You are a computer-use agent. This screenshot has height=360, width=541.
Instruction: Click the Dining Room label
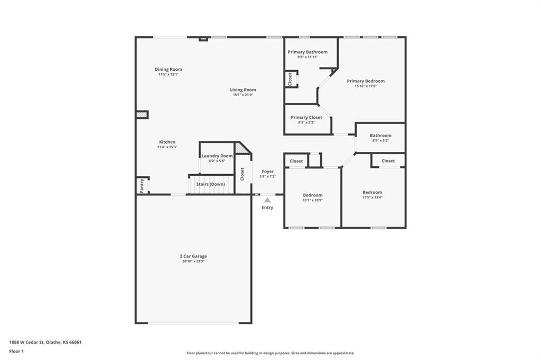click(x=169, y=69)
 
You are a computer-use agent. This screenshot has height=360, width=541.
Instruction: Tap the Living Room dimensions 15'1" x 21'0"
click(x=243, y=95)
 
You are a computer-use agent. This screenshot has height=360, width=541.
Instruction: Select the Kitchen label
click(x=167, y=141)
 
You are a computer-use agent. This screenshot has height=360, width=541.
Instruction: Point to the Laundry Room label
click(x=217, y=156)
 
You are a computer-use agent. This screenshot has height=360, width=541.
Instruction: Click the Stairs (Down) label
click(x=210, y=184)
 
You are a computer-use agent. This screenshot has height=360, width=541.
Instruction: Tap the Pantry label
click(x=142, y=186)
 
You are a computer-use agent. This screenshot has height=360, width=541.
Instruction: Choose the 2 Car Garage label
click(x=193, y=256)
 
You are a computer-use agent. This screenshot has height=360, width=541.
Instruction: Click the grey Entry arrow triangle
click(x=267, y=200)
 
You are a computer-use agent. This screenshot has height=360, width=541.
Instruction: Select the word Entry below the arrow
click(x=267, y=207)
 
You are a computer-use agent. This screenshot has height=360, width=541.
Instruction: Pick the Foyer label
click(x=268, y=172)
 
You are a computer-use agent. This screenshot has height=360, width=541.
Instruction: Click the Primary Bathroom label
click(x=308, y=52)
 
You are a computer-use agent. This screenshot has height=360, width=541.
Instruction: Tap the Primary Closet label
click(x=306, y=118)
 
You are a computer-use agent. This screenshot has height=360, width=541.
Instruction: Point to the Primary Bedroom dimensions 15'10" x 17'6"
click(x=366, y=86)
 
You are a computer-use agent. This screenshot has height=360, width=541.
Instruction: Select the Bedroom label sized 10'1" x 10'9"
click(x=313, y=195)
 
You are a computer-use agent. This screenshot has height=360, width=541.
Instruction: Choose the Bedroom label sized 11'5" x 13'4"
click(x=372, y=193)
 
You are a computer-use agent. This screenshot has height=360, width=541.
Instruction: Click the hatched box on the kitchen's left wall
click(x=142, y=115)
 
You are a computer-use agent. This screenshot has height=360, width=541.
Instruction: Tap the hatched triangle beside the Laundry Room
click(x=241, y=148)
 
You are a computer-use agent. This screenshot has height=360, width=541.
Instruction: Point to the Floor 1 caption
click(x=16, y=352)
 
